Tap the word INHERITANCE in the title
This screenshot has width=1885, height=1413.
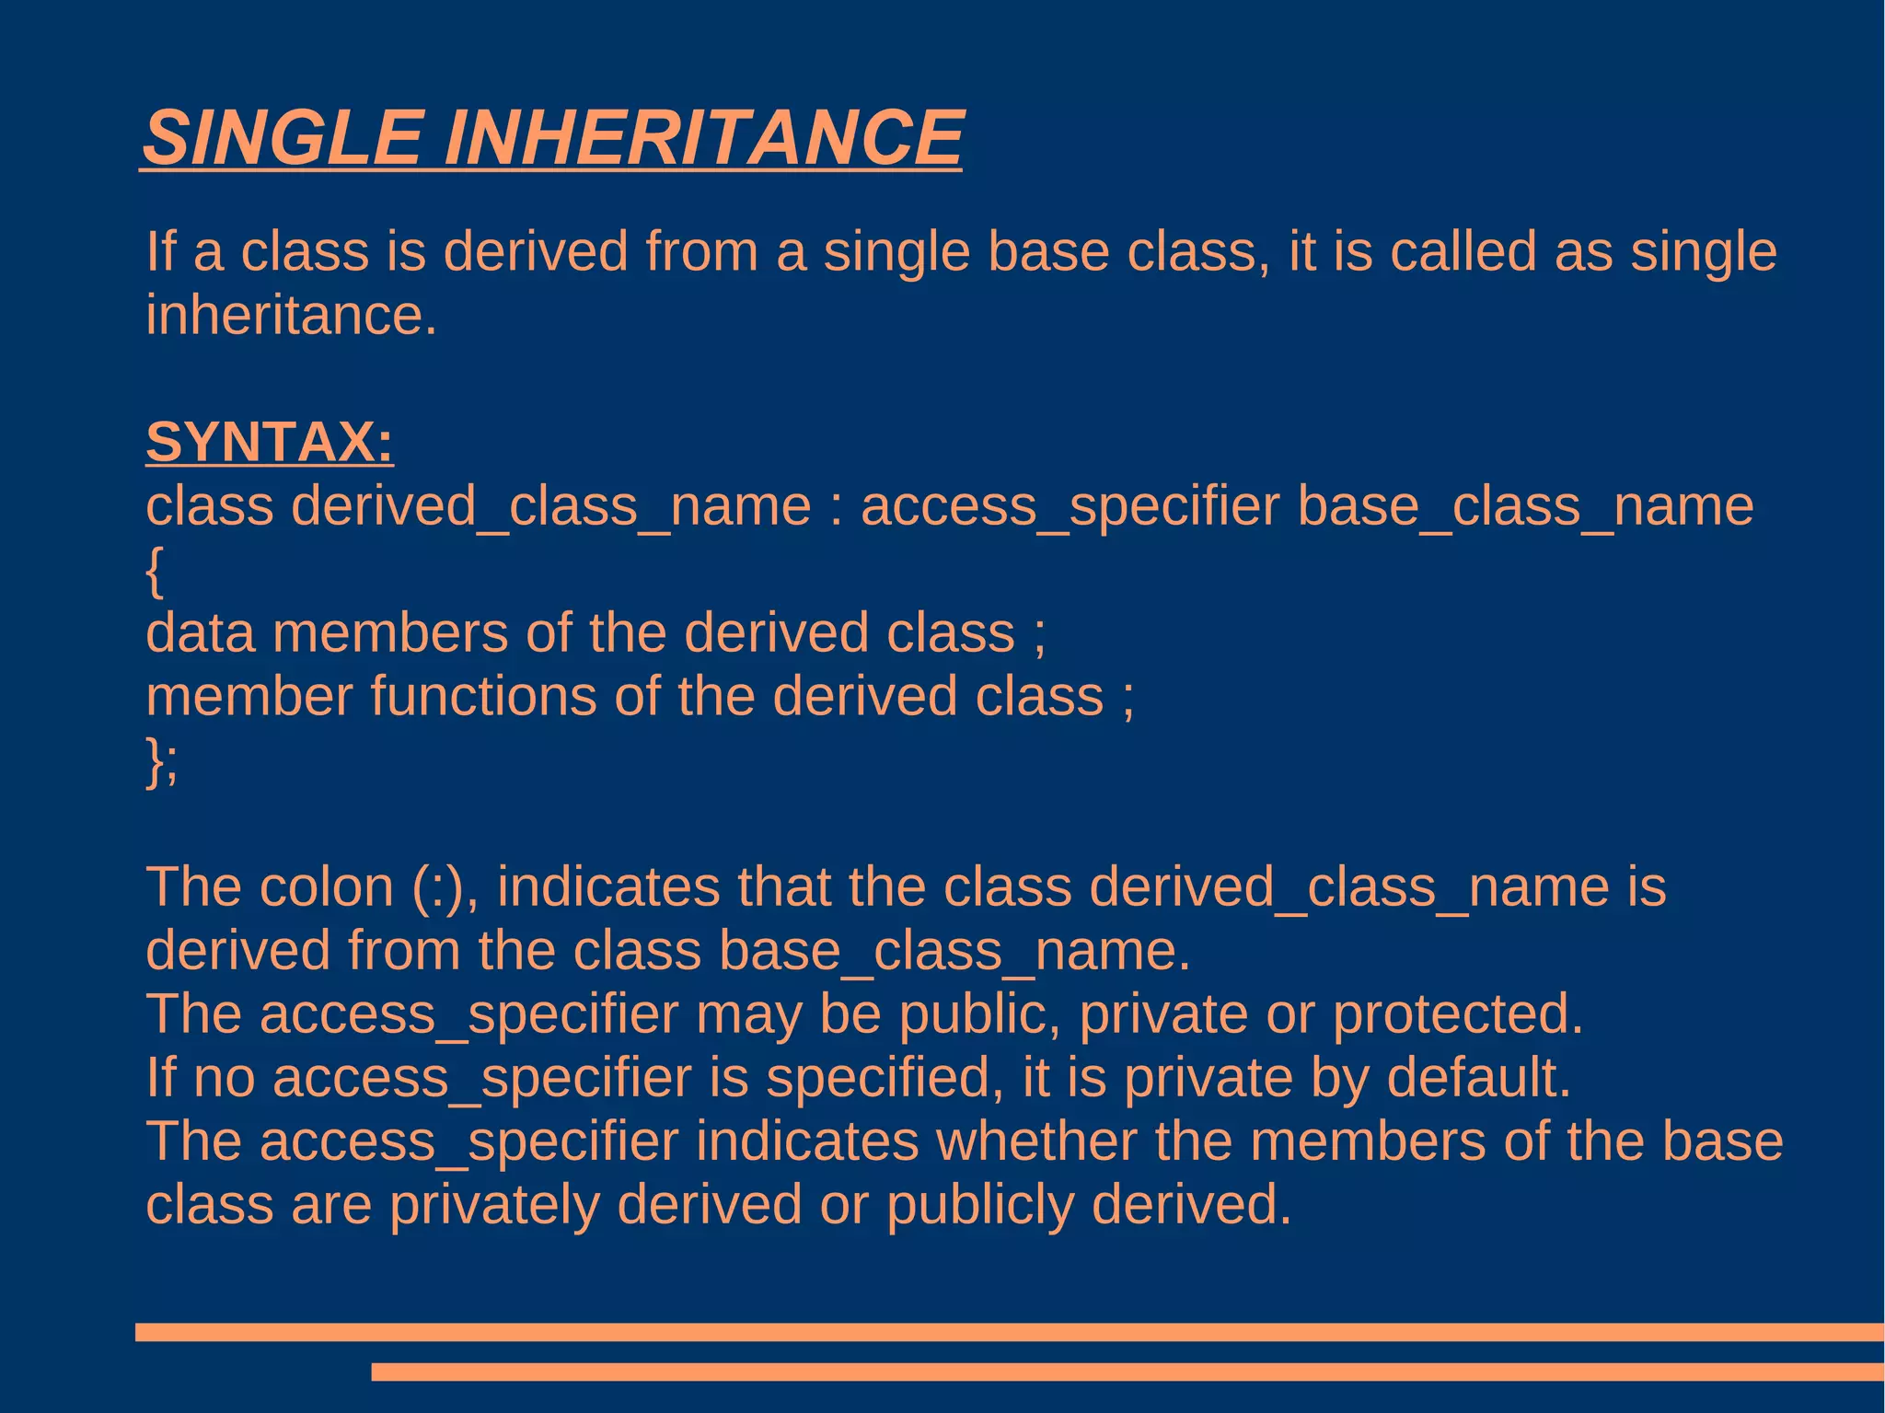(x=703, y=137)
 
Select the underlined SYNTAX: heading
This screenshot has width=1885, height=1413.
(x=270, y=442)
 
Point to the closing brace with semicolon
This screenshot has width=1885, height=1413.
(x=162, y=761)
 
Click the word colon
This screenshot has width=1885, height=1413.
(x=327, y=887)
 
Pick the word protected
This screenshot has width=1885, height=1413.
(x=1458, y=1014)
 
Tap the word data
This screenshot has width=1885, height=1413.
(x=200, y=633)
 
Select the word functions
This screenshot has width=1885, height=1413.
(x=483, y=697)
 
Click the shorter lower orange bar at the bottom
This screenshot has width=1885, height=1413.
(x=1127, y=1372)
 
